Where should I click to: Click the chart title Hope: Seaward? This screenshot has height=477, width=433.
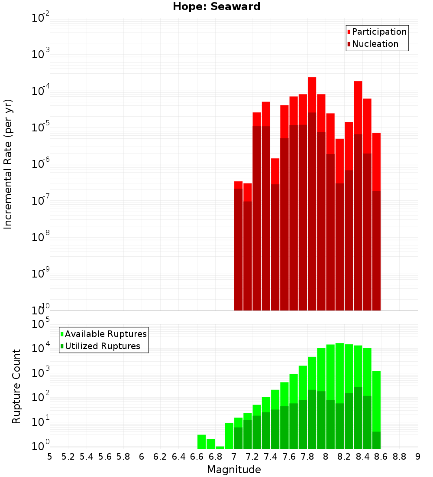click(x=216, y=7)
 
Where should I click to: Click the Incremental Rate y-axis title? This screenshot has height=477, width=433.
click(x=8, y=164)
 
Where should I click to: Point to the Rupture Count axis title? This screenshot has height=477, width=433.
click(x=16, y=386)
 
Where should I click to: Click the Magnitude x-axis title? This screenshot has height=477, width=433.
click(x=234, y=470)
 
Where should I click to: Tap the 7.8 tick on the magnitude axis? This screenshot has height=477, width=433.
click(x=307, y=457)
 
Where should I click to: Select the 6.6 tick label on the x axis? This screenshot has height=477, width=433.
click(x=197, y=457)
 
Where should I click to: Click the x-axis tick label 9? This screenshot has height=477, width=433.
click(x=418, y=457)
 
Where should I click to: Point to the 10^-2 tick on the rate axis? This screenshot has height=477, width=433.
click(x=40, y=18)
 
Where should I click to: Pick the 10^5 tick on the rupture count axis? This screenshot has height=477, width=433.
click(x=40, y=324)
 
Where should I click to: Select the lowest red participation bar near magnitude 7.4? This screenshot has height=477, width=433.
click(x=275, y=171)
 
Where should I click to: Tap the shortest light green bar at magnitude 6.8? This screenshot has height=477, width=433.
click(x=220, y=448)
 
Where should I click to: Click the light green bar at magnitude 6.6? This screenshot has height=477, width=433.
click(x=201, y=441)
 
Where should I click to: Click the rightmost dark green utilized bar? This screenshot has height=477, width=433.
click(x=376, y=440)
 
